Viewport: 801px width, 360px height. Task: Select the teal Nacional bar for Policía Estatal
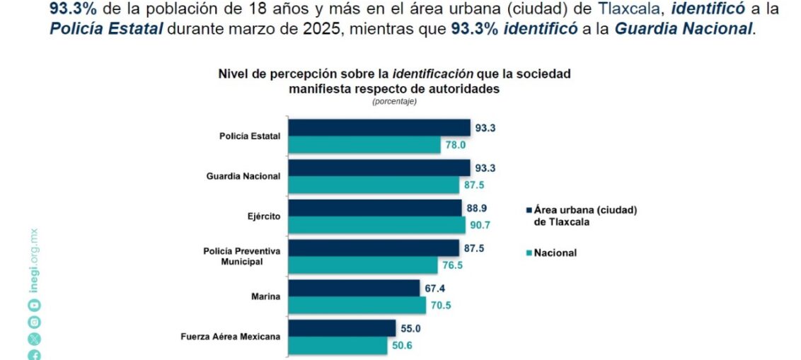click(365, 145)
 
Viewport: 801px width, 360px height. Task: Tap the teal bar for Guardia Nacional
click(374, 185)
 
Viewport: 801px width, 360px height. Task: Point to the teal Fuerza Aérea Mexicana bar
click(339, 346)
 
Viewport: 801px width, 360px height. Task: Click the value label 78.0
click(455, 145)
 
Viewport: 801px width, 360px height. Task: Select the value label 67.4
click(434, 289)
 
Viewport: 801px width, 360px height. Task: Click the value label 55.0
click(410, 329)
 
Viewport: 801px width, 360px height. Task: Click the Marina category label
click(266, 296)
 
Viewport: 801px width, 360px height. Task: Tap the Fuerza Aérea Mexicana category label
click(231, 337)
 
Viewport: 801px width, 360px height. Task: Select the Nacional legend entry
click(555, 252)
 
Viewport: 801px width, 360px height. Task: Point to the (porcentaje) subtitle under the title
click(395, 101)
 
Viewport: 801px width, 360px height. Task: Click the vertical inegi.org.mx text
click(34, 261)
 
